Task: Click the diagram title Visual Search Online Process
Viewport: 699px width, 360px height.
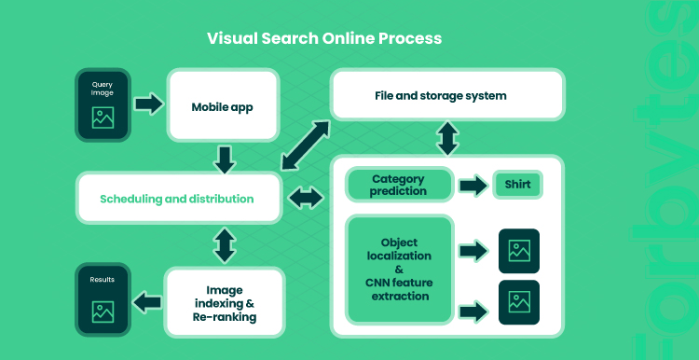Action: pyautogui.click(x=324, y=38)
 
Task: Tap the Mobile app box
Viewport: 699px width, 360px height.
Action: pyautogui.click(x=223, y=105)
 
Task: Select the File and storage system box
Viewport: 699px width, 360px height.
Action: pyautogui.click(x=447, y=95)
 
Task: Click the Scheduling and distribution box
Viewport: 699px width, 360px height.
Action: pyautogui.click(x=179, y=198)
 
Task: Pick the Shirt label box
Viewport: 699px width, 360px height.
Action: pyautogui.click(x=517, y=185)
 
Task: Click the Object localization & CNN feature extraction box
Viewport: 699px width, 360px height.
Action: pyautogui.click(x=400, y=269)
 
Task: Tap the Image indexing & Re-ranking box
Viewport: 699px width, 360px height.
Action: pyautogui.click(x=225, y=303)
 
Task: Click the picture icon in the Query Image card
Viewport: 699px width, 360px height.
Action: pyautogui.click(x=103, y=118)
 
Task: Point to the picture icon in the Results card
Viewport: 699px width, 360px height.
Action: pyautogui.click(x=103, y=312)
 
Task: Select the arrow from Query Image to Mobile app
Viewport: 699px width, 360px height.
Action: pyautogui.click(x=149, y=104)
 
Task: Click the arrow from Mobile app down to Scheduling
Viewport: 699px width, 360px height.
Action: pyautogui.click(x=225, y=160)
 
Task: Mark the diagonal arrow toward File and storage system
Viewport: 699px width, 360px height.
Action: pyautogui.click(x=306, y=145)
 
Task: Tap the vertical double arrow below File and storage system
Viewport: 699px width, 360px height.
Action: pyautogui.click(x=447, y=138)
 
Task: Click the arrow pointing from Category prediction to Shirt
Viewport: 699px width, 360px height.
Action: pyautogui.click(x=473, y=185)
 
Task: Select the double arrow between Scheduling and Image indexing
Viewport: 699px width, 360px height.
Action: pyautogui.click(x=225, y=245)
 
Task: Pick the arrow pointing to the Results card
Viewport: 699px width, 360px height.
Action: pyautogui.click(x=147, y=302)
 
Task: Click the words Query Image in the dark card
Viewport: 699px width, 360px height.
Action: pyautogui.click(x=103, y=89)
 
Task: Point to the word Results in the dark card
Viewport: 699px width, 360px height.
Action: pyautogui.click(x=103, y=280)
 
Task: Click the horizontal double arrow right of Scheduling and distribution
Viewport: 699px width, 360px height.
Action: pyautogui.click(x=306, y=198)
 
